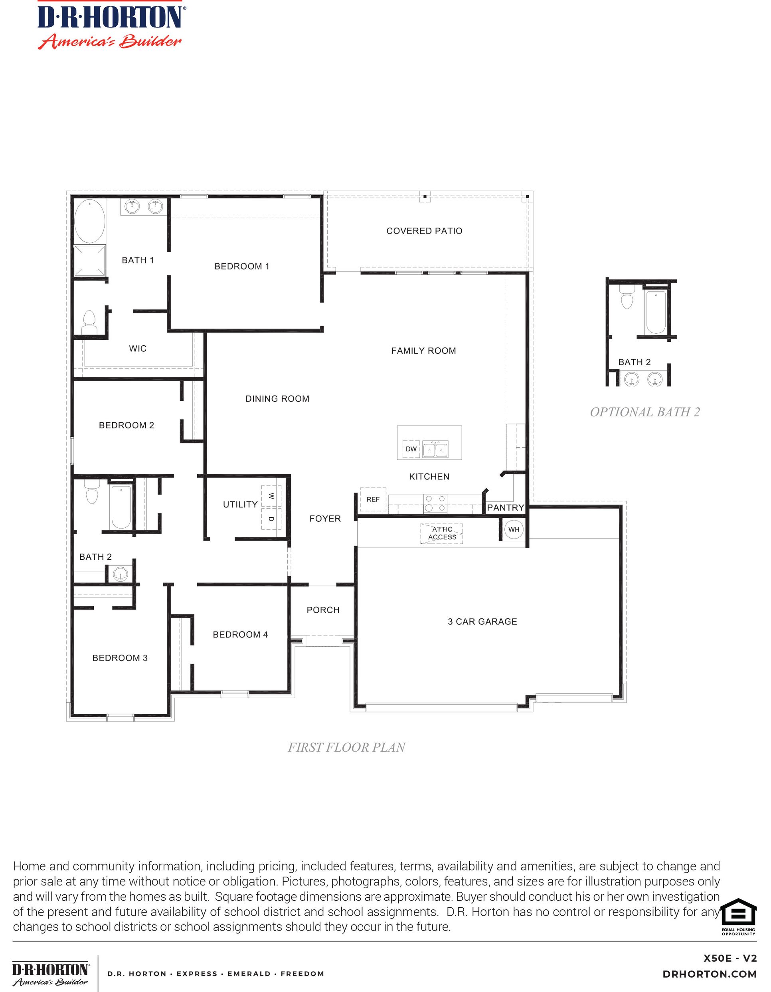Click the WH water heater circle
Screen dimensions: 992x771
(514, 529)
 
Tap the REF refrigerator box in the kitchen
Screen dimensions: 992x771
(373, 499)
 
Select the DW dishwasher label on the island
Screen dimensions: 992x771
(411, 449)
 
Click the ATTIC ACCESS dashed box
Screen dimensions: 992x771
(442, 533)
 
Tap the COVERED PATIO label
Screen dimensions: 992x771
(424, 231)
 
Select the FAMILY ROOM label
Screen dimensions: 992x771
(423, 350)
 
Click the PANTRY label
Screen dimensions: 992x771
(505, 508)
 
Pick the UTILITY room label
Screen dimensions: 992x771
(240, 504)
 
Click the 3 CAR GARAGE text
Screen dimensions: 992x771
(482, 622)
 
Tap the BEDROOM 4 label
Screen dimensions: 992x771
(240, 635)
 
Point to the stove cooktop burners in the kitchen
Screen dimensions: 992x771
(435, 503)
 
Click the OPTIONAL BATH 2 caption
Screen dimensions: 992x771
(645, 412)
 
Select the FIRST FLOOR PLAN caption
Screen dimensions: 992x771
(346, 747)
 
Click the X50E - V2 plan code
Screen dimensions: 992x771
(729, 958)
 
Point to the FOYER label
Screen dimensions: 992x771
(325, 519)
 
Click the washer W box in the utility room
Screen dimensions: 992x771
(271, 496)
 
